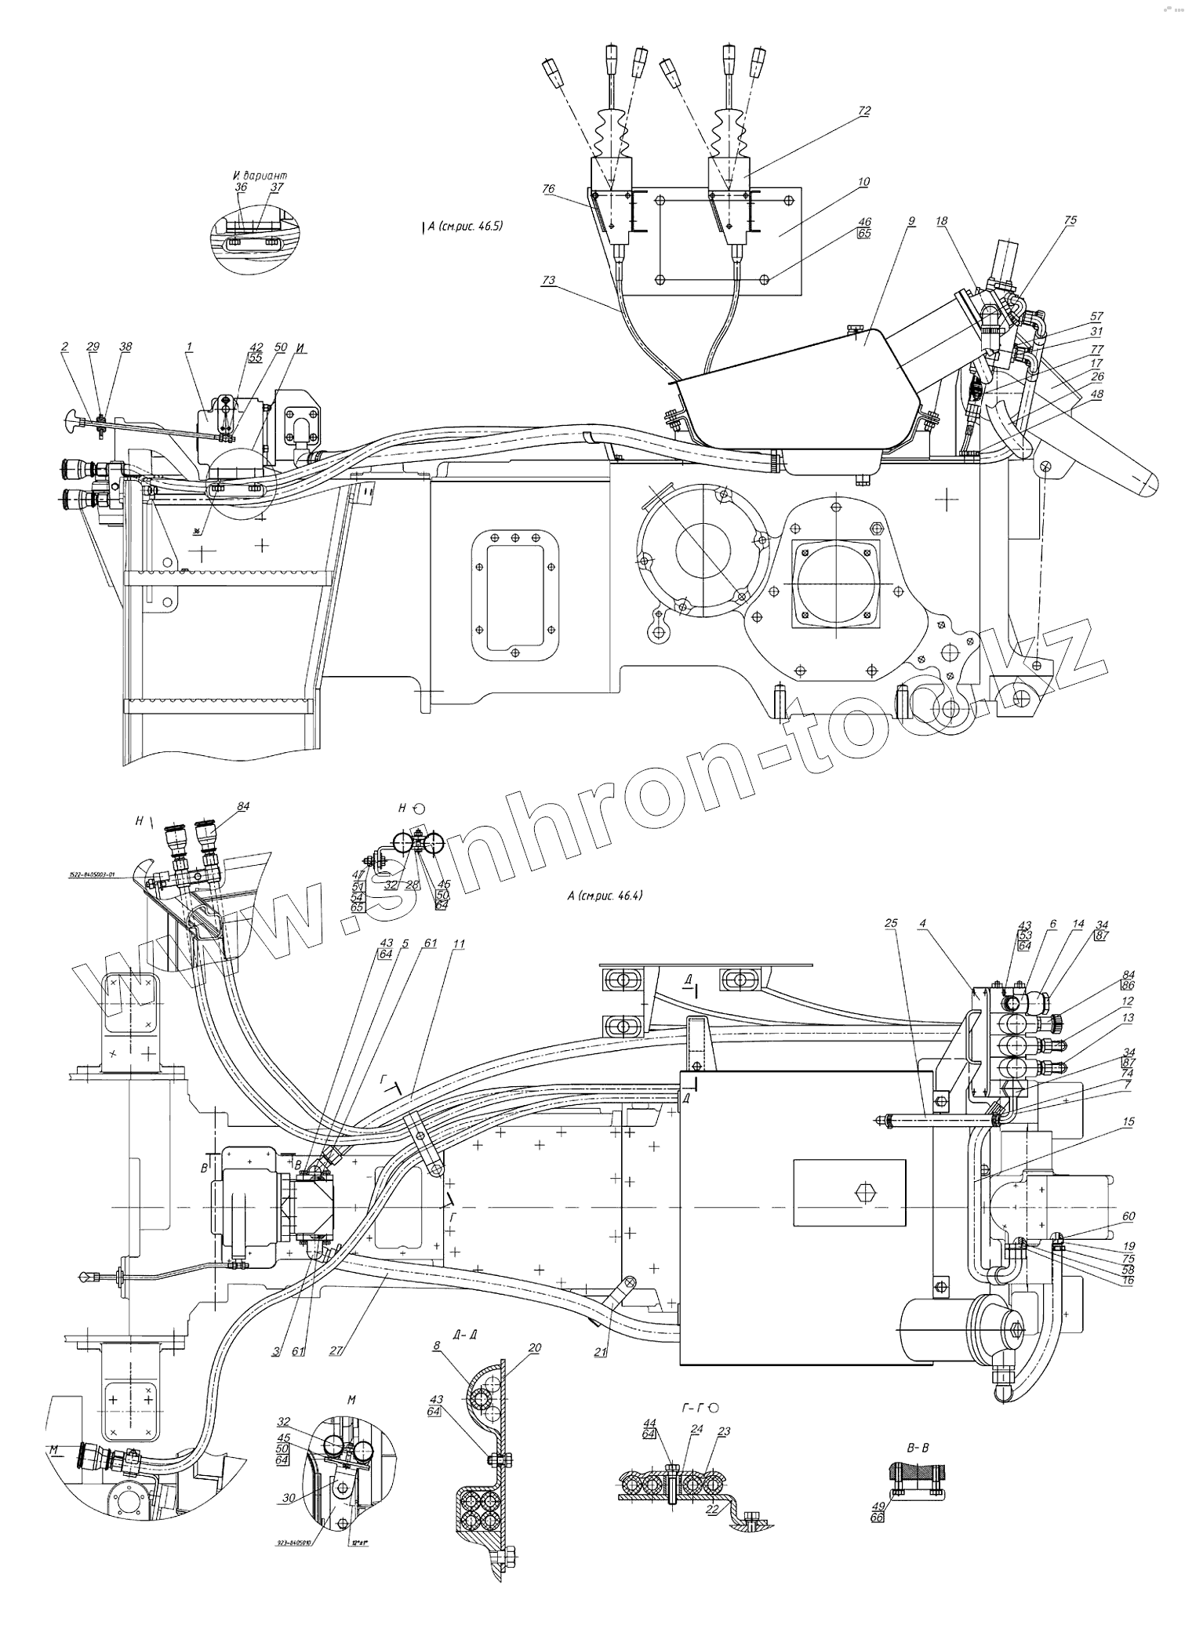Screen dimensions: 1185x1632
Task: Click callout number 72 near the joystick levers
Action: point(864,111)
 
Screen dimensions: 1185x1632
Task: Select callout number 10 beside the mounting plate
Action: point(863,182)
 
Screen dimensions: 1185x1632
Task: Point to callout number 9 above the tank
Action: point(911,221)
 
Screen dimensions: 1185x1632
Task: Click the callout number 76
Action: point(549,189)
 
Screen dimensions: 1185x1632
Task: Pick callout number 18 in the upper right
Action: point(941,221)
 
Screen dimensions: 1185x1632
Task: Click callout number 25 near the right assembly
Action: point(890,923)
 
